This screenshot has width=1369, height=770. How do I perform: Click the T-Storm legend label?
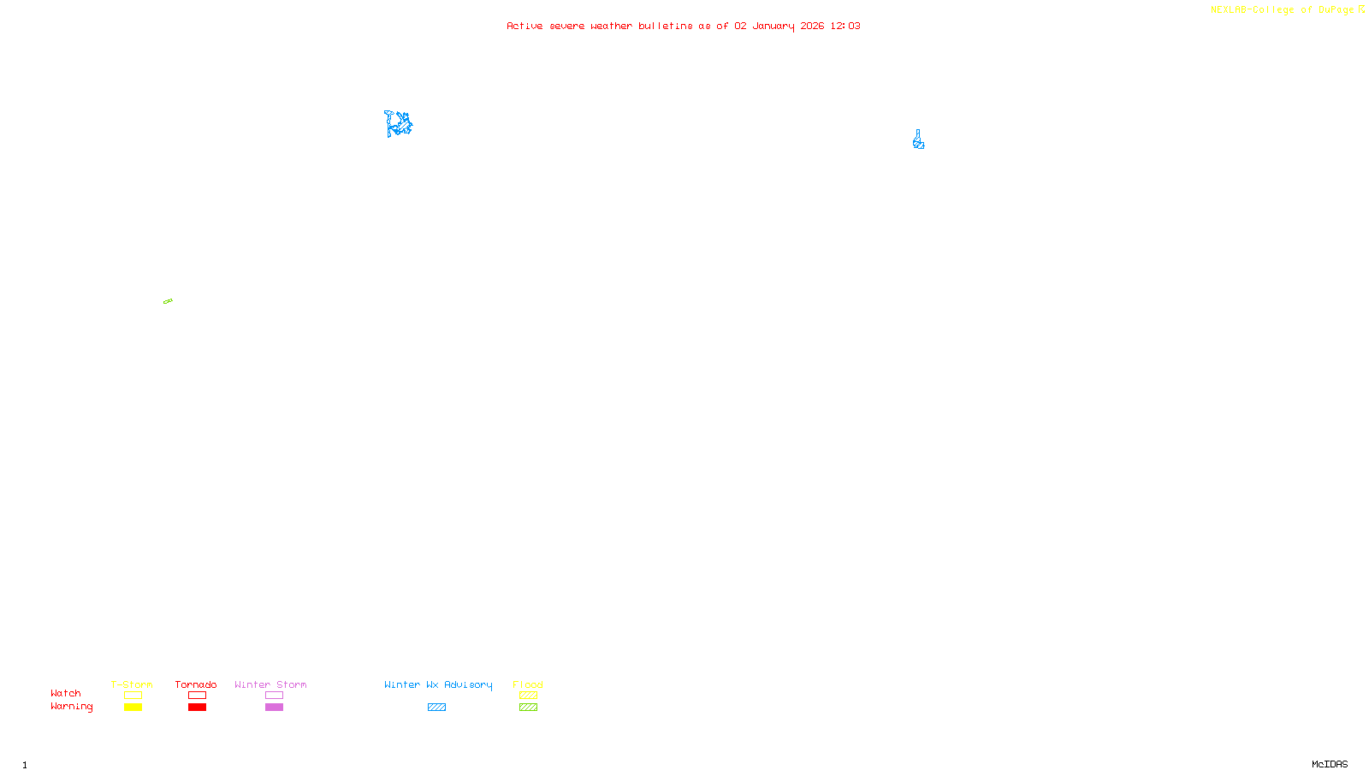tap(132, 684)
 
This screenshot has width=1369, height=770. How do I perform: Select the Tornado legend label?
tap(196, 684)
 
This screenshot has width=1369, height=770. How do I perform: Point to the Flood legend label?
tap(528, 684)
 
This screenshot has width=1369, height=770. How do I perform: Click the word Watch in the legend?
tap(66, 693)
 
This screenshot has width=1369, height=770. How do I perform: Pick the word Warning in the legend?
tap(72, 707)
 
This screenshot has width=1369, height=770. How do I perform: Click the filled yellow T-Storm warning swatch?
tap(133, 708)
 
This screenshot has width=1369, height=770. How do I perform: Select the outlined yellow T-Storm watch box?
tap(133, 696)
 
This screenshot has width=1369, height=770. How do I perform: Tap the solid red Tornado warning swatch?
tap(198, 708)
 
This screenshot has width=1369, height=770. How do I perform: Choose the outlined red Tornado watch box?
tap(198, 696)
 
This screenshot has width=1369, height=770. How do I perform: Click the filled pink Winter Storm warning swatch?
tap(274, 708)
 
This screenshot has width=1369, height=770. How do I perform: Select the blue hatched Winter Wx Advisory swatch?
tap(436, 708)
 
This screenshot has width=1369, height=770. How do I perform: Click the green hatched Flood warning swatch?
tap(528, 708)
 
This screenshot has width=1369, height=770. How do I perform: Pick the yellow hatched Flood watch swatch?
tap(528, 696)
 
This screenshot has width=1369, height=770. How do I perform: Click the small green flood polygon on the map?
tap(168, 301)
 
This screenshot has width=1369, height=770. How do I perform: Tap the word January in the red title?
tap(773, 26)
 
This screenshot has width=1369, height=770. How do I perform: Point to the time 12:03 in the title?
tap(845, 26)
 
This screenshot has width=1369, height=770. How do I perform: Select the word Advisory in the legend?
tap(468, 684)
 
